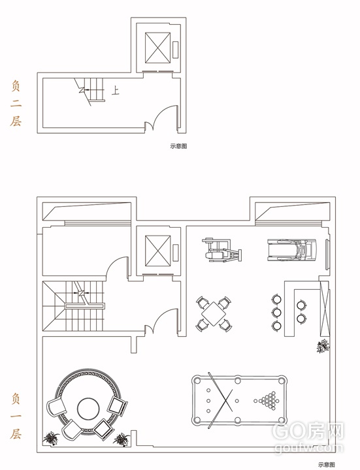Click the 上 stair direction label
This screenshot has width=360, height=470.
pyautogui.click(x=116, y=90)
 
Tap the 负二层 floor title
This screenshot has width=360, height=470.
pyautogui.click(x=16, y=103)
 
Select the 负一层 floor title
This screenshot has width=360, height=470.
pyautogui.click(x=16, y=416)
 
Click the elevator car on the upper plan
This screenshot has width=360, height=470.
pyautogui.click(x=157, y=48)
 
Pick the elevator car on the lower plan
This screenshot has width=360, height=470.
pyautogui.click(x=157, y=251)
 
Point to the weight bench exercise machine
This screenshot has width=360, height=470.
pyautogui.click(x=222, y=250)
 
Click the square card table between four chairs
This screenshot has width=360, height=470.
pyautogui.click(x=214, y=314)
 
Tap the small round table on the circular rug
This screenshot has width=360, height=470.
pyautogui.click(x=88, y=409)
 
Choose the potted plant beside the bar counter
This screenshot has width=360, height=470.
pyautogui.click(x=323, y=346)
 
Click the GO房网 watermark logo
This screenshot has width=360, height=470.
pyautogui.click(x=308, y=431)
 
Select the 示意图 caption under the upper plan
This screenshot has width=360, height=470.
pyautogui.click(x=178, y=146)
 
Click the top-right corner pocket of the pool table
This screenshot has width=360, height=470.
pyautogui.click(x=282, y=381)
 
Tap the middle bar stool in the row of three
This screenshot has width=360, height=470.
pyautogui.click(x=276, y=312)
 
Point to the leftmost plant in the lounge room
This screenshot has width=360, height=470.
pyautogui.click(x=51, y=438)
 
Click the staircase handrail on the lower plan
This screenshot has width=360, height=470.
pyautogui.click(x=85, y=306)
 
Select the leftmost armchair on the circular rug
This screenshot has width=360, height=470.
pyautogui.click(x=56, y=407)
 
